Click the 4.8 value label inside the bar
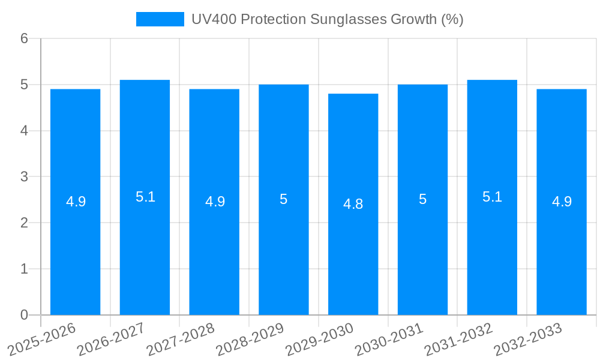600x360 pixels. [x=353, y=204]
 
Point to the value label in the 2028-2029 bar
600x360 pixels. [x=284, y=199]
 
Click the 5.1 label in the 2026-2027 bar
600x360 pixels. [x=145, y=197]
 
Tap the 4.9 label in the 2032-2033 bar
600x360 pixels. [x=562, y=202]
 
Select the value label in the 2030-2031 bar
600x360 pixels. [x=422, y=199]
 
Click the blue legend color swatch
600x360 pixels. [x=160, y=19]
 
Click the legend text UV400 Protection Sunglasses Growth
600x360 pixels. [x=327, y=19]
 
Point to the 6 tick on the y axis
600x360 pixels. [x=25, y=38]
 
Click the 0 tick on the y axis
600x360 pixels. [x=25, y=315]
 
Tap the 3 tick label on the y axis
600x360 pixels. [x=25, y=177]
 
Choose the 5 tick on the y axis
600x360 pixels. [x=25, y=85]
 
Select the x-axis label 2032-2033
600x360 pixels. [x=526, y=339]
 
